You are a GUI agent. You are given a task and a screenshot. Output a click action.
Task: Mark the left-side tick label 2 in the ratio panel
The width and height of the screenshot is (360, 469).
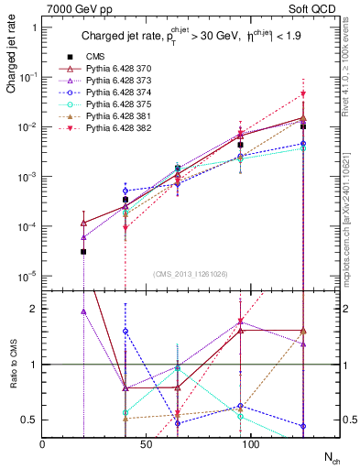[x=33, y=309]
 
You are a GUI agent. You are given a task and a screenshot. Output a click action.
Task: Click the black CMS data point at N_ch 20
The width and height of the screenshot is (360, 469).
[x=83, y=251]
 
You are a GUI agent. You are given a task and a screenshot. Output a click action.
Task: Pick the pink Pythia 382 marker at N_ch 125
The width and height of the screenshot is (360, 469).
[x=303, y=94]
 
